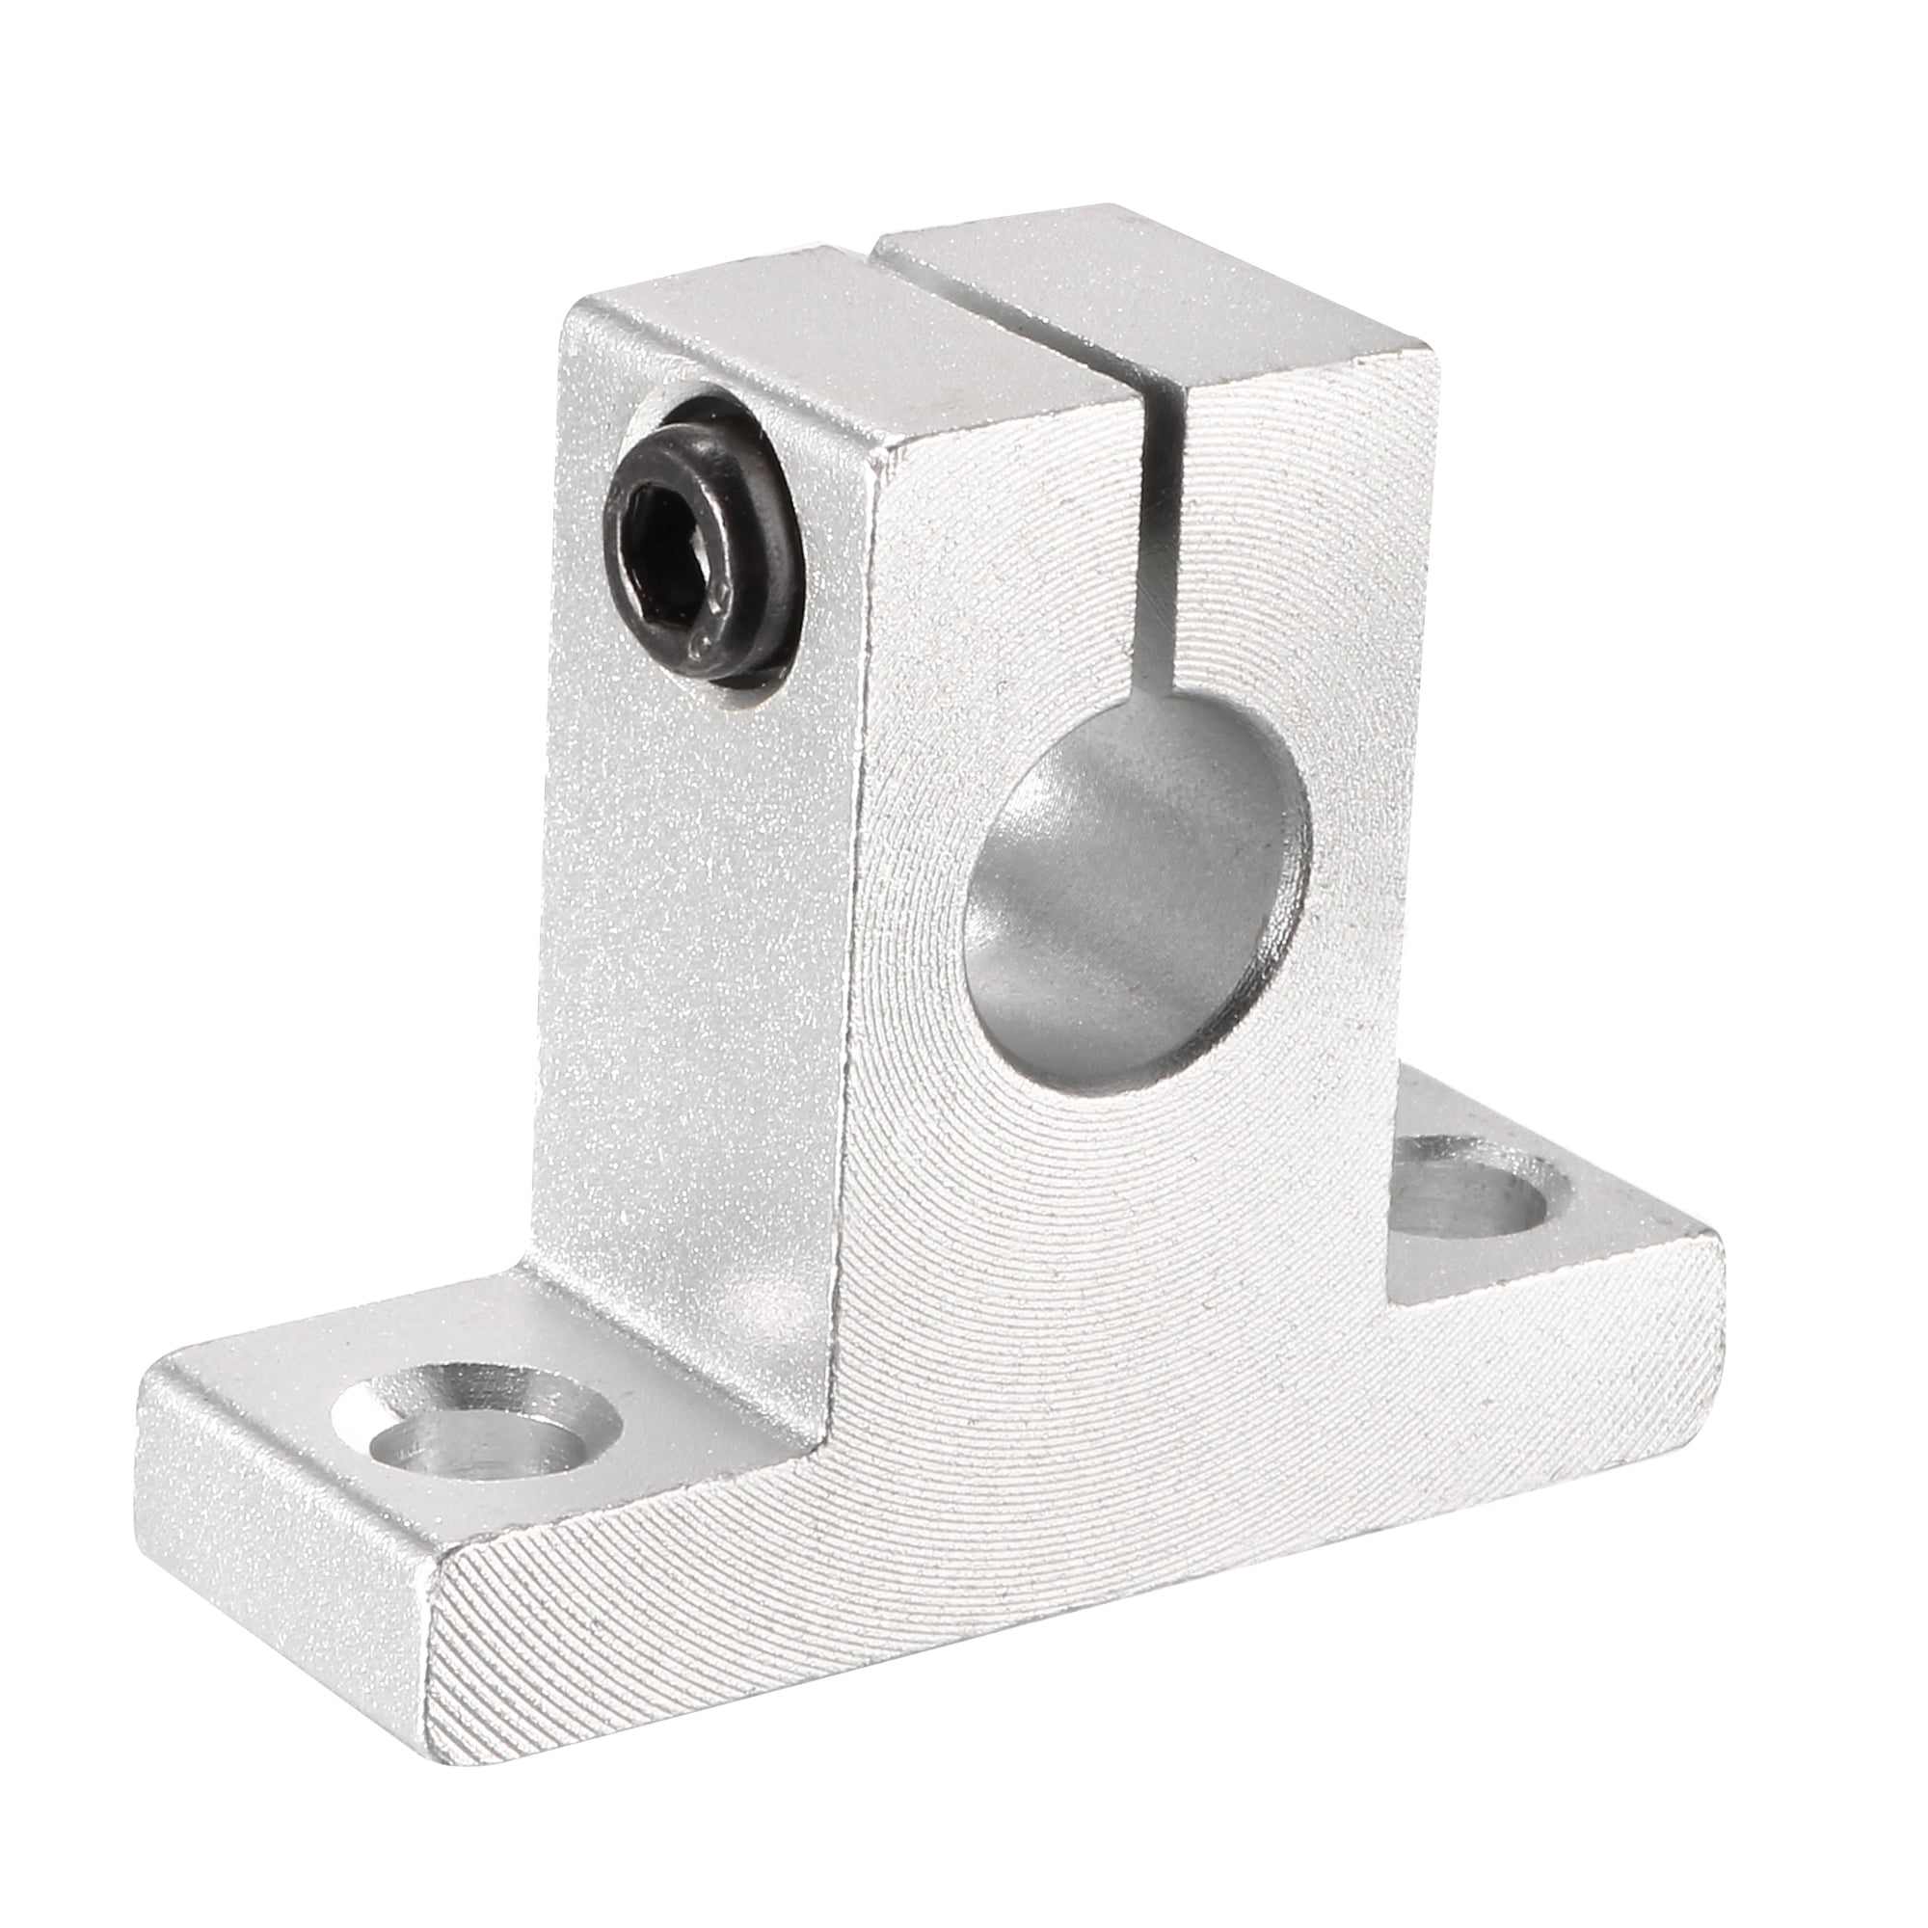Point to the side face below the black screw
point(699,998)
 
